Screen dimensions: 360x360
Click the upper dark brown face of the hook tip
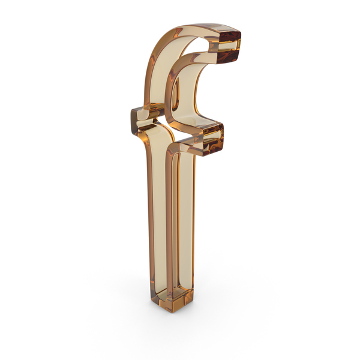[x=229, y=37]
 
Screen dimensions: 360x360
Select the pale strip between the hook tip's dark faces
[x=229, y=46]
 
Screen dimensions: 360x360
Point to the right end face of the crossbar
[x=213, y=140]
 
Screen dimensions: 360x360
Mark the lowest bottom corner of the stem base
[x=171, y=312]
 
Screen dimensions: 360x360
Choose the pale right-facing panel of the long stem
[x=185, y=218]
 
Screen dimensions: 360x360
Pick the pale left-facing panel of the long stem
[x=158, y=206]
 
